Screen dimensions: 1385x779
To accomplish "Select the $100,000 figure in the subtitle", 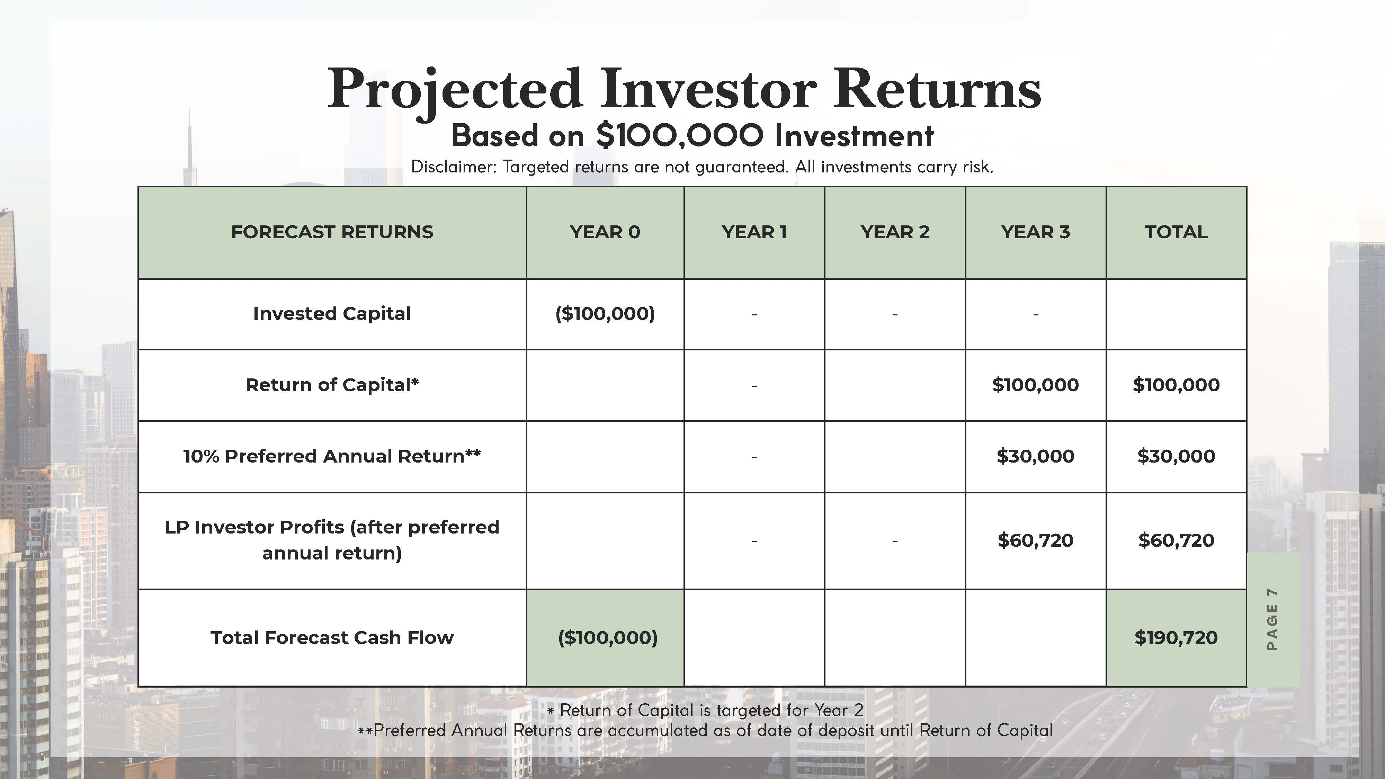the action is pos(680,135).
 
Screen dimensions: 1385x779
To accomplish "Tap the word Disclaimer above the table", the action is pos(454,167).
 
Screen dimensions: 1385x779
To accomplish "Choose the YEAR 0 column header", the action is pos(605,232).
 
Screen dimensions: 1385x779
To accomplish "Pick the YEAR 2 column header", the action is pos(895,232).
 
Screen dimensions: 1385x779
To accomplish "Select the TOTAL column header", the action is pos(1176,232).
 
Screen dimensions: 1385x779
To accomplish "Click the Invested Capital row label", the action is pos(332,313).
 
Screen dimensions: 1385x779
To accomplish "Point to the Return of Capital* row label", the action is pos(332,385).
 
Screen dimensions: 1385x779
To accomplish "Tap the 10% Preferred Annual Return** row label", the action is pos(332,456).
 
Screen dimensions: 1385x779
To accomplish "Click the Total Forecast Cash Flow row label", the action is pos(332,638).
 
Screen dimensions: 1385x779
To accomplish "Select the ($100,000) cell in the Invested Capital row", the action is pos(605,313).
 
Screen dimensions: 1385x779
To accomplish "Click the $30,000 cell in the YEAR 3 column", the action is pos(1035,456).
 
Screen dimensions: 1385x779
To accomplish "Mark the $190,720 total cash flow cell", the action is pos(1176,638).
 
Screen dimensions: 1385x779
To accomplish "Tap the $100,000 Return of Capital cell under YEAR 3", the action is pos(1035,385).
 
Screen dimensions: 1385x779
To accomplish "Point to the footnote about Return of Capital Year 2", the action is pos(705,710).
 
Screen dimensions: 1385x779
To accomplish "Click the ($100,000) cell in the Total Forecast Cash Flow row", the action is pos(608,638).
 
